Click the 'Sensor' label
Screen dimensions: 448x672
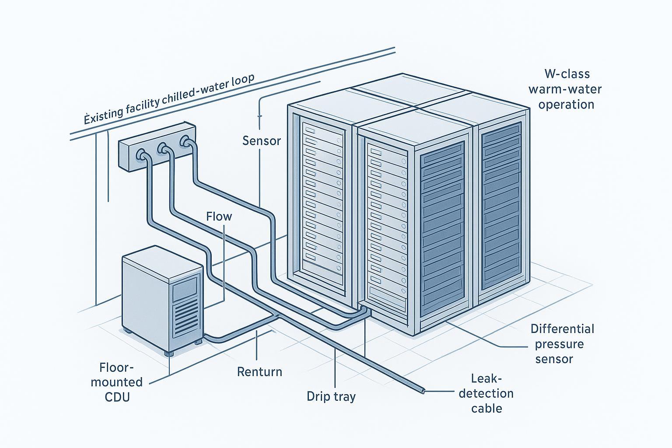(261, 141)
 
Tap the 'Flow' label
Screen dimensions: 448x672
(219, 217)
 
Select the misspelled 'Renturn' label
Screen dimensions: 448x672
(259, 372)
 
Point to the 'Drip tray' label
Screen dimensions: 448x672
(331, 397)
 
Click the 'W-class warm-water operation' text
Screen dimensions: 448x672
(565, 89)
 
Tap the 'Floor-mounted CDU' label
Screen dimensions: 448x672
(117, 382)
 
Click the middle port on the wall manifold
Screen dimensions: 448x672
(164, 148)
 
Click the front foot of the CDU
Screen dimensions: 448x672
(168, 352)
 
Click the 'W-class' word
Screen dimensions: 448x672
(567, 73)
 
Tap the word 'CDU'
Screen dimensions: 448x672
(117, 397)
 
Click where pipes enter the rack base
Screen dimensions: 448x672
(364, 309)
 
